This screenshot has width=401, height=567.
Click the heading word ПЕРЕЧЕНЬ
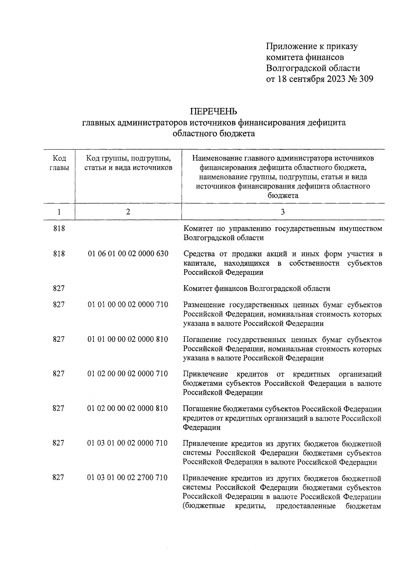[x=214, y=111]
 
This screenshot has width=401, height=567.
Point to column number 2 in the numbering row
[x=128, y=212]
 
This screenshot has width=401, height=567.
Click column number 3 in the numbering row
[x=283, y=212]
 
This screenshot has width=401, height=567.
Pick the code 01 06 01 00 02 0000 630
[x=128, y=254]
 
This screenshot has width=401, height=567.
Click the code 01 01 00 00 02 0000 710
[x=128, y=305]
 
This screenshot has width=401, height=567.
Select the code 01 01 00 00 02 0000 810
[x=128, y=339]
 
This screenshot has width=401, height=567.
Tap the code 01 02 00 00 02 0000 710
[x=128, y=374]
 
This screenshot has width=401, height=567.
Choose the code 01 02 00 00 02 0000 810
[x=128, y=409]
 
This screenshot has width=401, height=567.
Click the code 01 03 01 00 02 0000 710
[x=128, y=443]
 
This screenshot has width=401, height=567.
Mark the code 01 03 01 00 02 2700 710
[x=128, y=478]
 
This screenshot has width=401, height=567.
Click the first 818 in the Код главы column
[x=59, y=229]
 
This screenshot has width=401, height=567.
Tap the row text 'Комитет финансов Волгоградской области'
[x=257, y=288]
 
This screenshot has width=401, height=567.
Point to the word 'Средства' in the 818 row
[x=198, y=254]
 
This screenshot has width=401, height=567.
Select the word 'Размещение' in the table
[x=204, y=305]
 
